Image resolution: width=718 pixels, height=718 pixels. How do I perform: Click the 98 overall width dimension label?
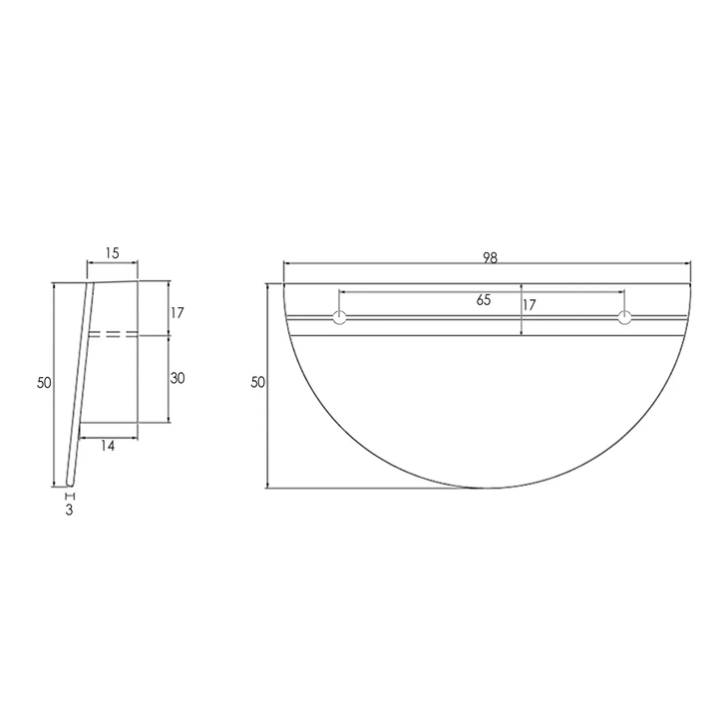coord(490,257)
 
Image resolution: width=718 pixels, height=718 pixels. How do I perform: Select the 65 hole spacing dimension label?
coord(484,300)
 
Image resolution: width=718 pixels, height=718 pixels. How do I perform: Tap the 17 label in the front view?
coord(530,305)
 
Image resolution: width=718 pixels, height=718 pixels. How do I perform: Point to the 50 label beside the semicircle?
coord(257,383)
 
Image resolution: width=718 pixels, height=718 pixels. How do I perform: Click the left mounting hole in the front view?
coord(340,318)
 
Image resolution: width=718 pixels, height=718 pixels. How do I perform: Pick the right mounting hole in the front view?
coord(624,318)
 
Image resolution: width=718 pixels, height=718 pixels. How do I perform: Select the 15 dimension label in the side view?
coord(112,253)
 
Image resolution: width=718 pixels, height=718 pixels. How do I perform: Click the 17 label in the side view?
coord(177,312)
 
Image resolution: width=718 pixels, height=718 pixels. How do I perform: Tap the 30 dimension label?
coord(178,378)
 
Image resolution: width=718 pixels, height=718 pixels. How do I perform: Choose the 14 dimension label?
coord(108,446)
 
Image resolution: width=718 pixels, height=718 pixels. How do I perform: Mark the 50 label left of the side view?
coord(43,383)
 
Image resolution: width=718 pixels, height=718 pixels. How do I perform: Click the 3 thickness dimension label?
coord(70,510)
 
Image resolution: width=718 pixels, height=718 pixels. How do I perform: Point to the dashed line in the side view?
coord(112,334)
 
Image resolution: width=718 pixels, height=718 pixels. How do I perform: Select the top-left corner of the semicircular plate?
coord(284,284)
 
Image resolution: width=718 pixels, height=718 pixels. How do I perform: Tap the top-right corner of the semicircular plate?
coord(690,284)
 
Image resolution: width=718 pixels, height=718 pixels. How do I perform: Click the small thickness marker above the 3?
coord(70,495)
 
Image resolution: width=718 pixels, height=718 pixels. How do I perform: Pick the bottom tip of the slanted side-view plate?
coord(66,486)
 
